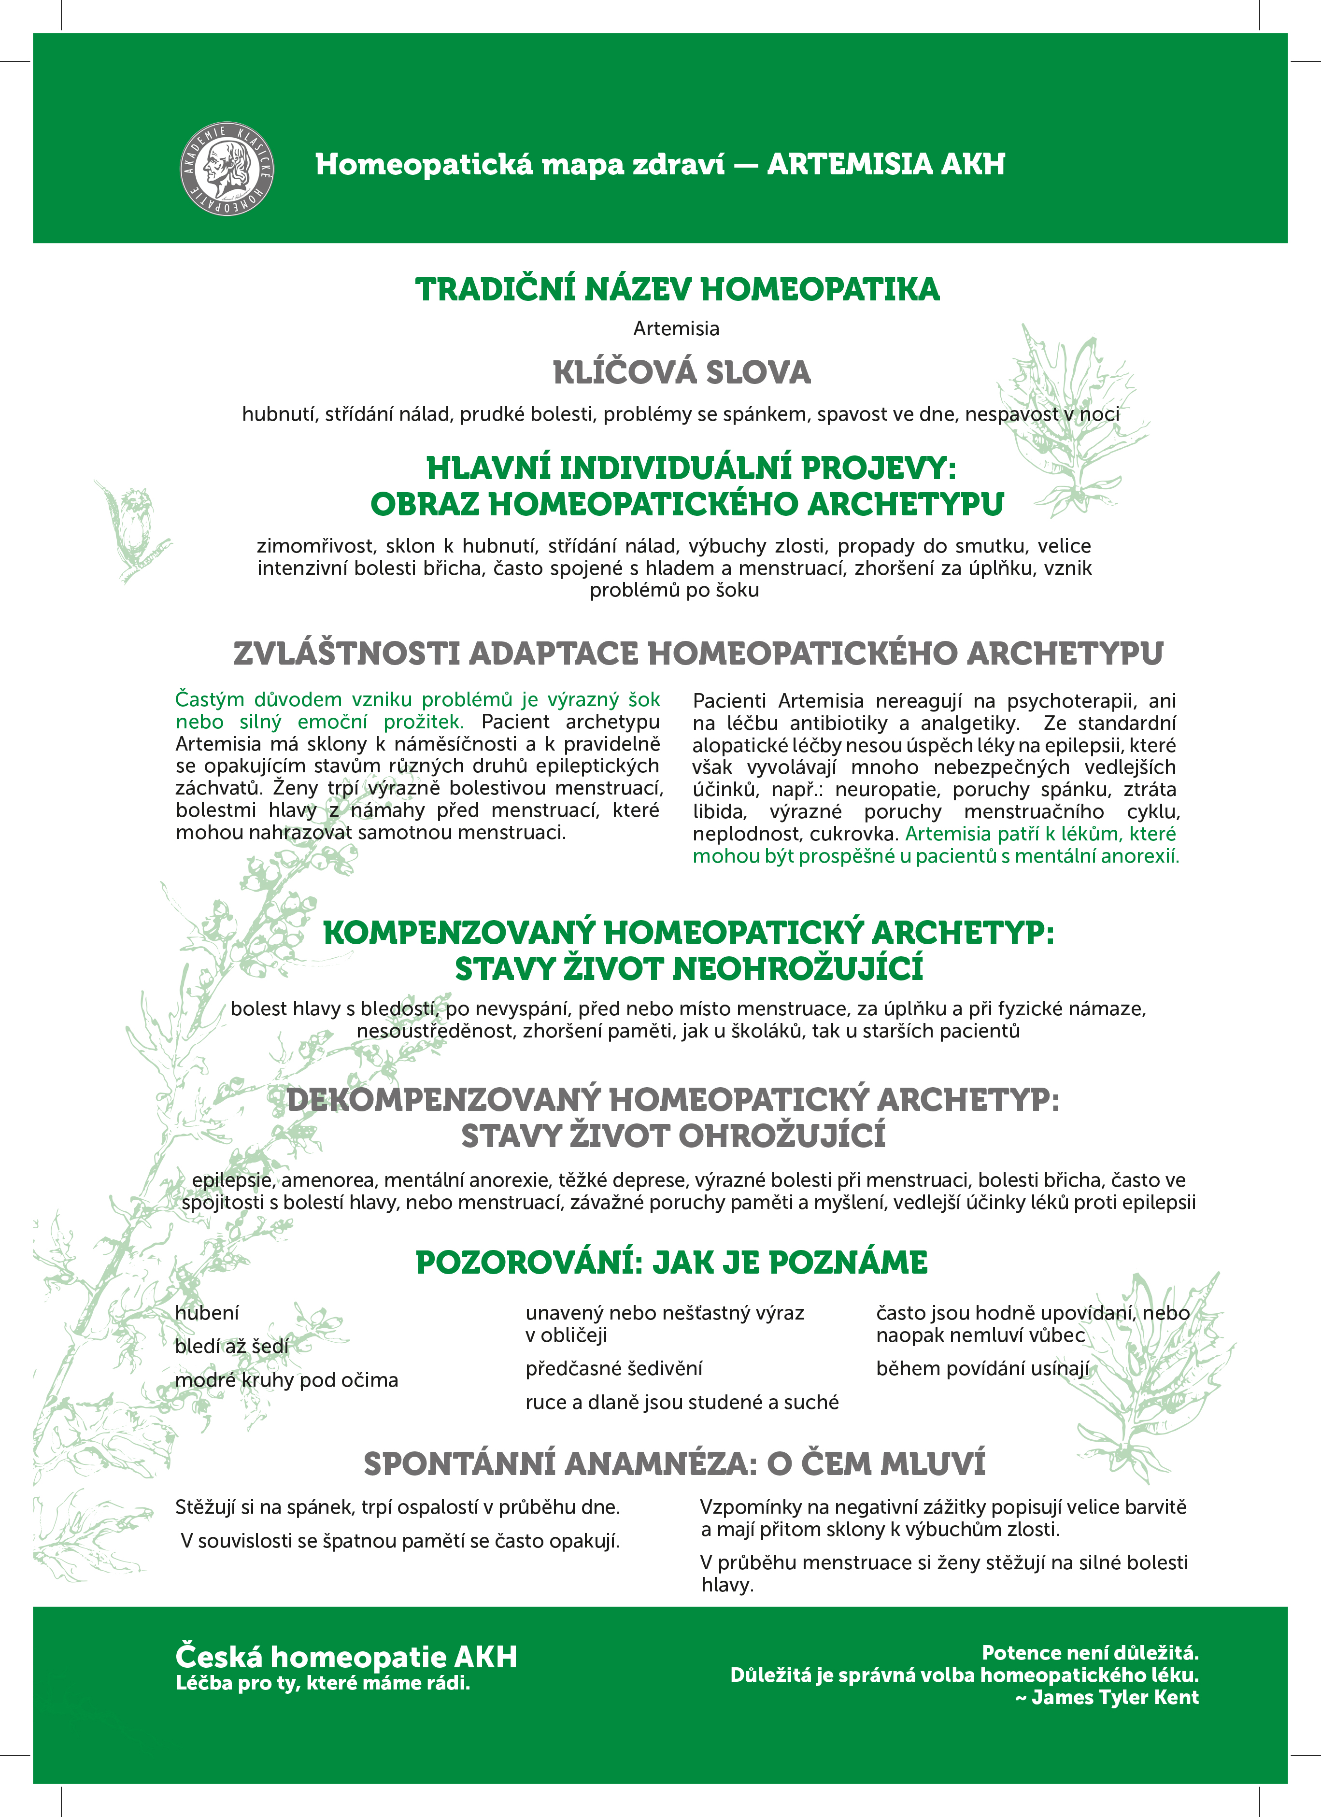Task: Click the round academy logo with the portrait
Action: (227, 168)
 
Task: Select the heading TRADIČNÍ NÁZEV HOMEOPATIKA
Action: (677, 289)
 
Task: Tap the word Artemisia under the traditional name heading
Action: (676, 328)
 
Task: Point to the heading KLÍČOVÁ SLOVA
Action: (682, 372)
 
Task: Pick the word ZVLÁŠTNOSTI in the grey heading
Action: (346, 654)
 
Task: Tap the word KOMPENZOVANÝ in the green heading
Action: (459, 933)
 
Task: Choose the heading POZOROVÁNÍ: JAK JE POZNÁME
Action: (671, 1263)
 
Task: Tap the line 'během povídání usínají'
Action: (982, 1368)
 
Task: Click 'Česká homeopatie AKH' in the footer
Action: (346, 1656)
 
